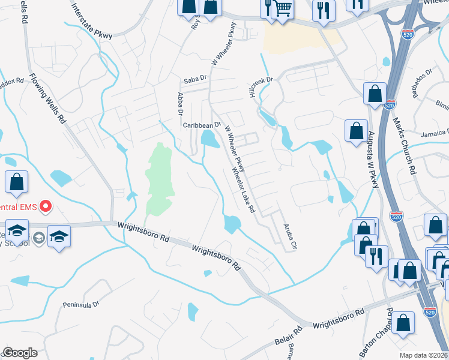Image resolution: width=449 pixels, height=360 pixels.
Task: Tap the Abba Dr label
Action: (179, 103)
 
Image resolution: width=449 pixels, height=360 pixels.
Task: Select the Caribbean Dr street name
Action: (198, 125)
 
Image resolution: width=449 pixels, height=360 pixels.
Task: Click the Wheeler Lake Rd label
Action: (244, 189)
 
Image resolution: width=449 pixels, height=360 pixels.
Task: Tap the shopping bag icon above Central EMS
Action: (17, 182)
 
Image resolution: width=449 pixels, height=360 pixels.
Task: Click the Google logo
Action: (20, 353)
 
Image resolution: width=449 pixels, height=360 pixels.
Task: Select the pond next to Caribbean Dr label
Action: (210, 139)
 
